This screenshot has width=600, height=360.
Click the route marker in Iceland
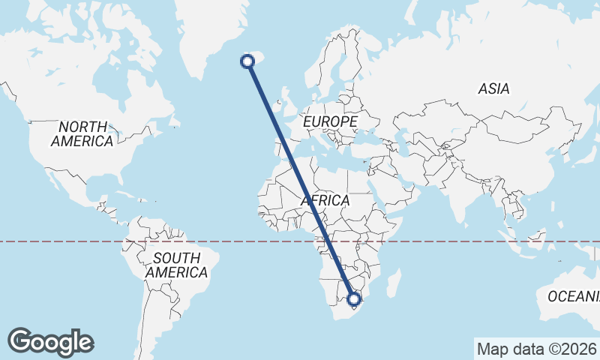[247, 61]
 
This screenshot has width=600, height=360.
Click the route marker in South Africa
[355, 300]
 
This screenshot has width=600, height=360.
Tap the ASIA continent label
[493, 88]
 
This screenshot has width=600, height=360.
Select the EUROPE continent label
[329, 121]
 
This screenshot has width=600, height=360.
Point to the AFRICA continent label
[325, 200]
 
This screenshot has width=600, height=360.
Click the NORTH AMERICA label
[82, 133]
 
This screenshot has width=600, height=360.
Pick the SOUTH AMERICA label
[176, 265]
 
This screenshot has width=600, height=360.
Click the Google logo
[50, 342]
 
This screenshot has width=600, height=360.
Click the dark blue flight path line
[300, 180]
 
